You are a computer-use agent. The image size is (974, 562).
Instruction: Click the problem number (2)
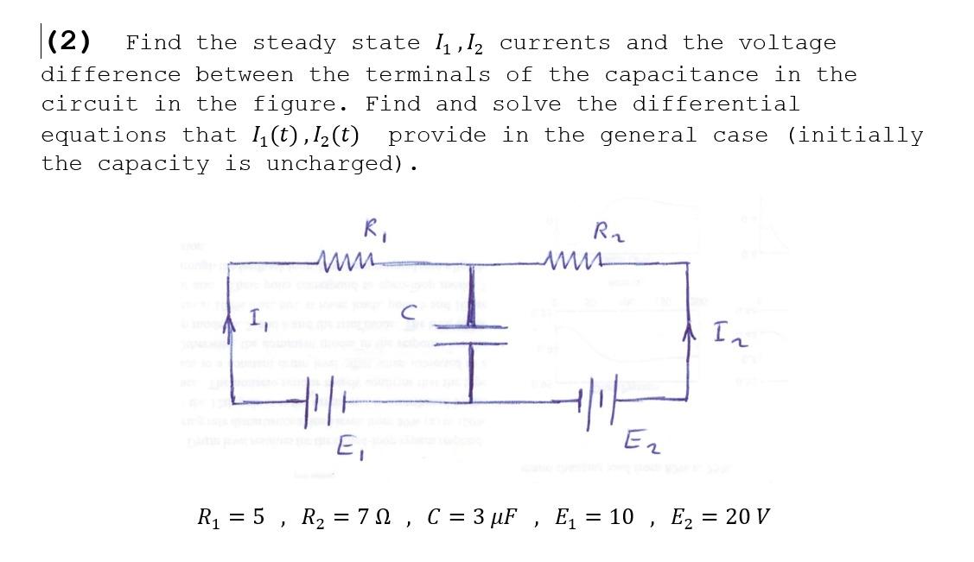[70, 41]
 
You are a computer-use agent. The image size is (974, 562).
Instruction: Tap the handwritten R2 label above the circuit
[604, 230]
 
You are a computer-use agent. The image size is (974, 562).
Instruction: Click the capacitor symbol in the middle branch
[472, 332]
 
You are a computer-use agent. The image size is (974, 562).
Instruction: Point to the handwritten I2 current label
[727, 332]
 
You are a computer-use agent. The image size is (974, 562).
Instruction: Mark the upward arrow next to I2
[688, 332]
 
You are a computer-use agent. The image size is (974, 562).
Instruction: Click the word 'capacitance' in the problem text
[680, 74]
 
